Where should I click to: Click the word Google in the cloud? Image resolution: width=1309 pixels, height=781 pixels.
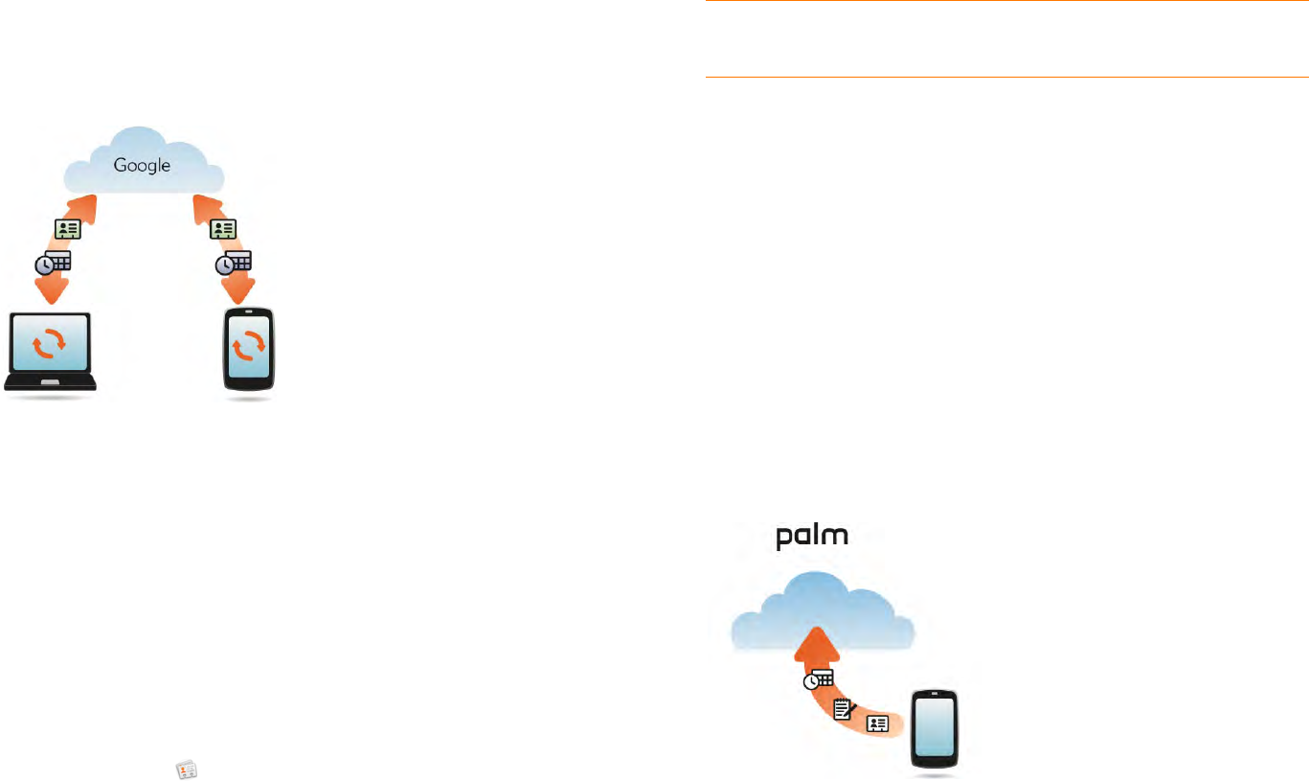tap(142, 165)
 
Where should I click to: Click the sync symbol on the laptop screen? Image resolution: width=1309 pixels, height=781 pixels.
tap(50, 345)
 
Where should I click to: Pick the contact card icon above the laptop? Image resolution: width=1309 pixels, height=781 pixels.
tap(68, 229)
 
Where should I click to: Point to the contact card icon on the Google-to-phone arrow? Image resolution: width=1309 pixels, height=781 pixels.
tap(222, 229)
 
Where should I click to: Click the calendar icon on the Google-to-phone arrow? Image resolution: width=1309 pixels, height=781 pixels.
tap(234, 262)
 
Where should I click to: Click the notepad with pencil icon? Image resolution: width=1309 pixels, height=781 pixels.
tap(844, 710)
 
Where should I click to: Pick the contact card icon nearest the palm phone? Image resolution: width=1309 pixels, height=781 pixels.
tap(876, 724)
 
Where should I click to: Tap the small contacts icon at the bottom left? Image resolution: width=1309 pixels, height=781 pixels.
tap(186, 769)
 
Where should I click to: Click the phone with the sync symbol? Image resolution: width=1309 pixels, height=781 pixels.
tap(249, 350)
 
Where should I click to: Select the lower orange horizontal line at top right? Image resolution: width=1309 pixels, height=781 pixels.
tap(1005, 77)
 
